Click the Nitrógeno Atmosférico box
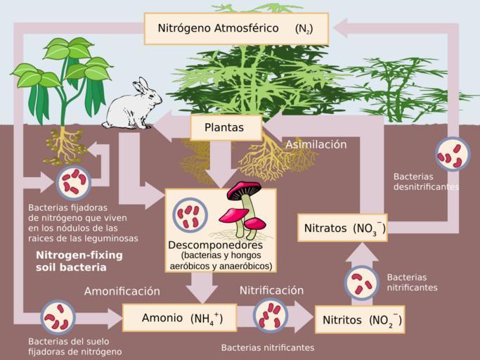coord(235,30)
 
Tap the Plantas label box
coord(226,128)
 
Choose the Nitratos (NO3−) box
coord(342,228)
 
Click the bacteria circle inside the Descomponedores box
coord(190,214)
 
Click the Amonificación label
coord(122,291)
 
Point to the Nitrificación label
coord(271,290)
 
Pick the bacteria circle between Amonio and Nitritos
coord(269,315)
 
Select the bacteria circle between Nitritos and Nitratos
coord(361,282)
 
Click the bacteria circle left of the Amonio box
coord(58,317)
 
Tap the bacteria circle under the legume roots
coord(73,181)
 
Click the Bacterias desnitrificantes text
coord(426,182)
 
